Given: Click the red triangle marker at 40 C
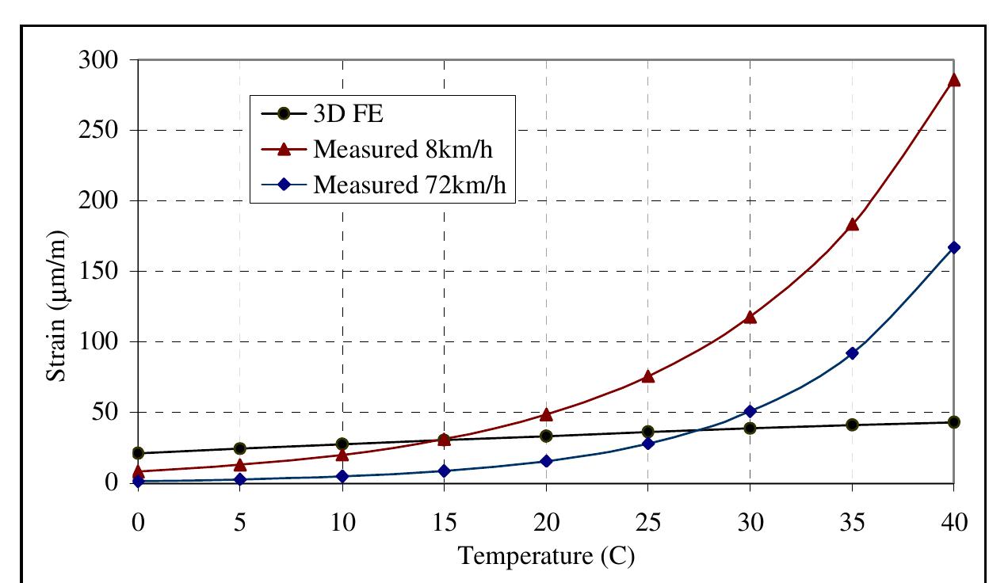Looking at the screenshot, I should point(953,80).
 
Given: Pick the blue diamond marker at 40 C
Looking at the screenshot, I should point(953,247).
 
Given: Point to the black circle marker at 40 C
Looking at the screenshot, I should point(953,422).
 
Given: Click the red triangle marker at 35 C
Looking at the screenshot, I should point(852,225).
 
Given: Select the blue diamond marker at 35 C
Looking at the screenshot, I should point(852,353).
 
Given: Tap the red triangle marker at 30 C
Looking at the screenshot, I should point(750,318).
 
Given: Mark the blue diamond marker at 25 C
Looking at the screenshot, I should point(648,444).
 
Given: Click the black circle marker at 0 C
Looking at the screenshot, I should point(138,453).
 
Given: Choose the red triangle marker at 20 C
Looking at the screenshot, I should point(546,415).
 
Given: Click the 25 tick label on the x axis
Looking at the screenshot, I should point(648,524).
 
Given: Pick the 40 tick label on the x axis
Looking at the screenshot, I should point(953,524).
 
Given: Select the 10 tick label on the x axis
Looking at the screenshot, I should point(342,524).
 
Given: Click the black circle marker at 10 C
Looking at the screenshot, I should point(342,444).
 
